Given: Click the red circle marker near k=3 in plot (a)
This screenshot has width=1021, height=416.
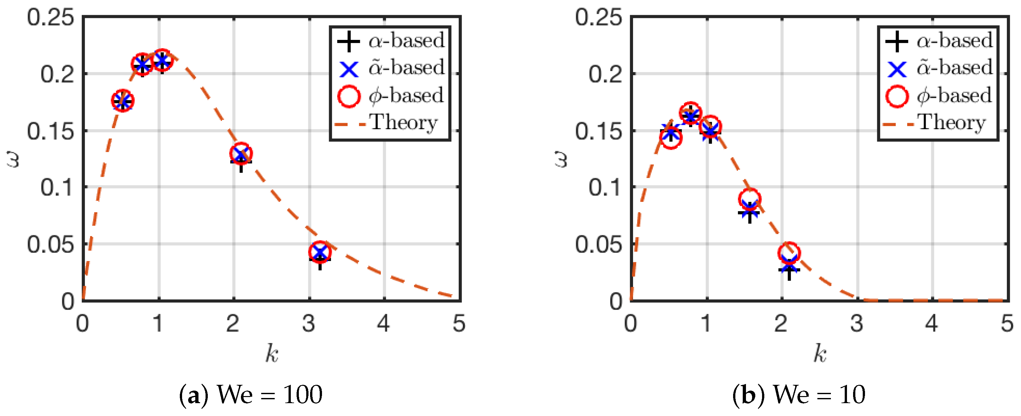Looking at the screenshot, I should tap(319, 252).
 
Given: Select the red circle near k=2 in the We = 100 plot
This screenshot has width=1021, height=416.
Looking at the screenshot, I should tap(241, 154).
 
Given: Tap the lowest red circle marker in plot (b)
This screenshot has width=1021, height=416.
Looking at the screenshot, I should tap(789, 253).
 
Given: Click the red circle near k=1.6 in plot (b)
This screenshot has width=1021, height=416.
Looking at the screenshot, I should tap(749, 199).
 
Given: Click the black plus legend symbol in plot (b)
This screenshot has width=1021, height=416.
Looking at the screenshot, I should tap(897, 41).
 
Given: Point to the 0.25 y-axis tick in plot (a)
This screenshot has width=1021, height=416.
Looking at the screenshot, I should tap(50, 18).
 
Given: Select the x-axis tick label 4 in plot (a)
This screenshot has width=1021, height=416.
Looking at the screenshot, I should tap(383, 324).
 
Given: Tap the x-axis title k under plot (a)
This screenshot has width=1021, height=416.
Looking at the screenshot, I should tap(272, 353).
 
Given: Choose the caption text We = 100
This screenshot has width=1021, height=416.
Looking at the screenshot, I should tap(270, 394).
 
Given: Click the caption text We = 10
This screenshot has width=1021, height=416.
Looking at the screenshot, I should tap(819, 394).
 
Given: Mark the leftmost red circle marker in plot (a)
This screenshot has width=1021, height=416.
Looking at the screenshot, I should tap(123, 101).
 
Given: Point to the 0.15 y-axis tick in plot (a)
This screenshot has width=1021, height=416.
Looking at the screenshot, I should tap(50, 131).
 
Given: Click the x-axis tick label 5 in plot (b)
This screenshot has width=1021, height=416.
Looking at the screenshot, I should tap(1007, 324).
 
